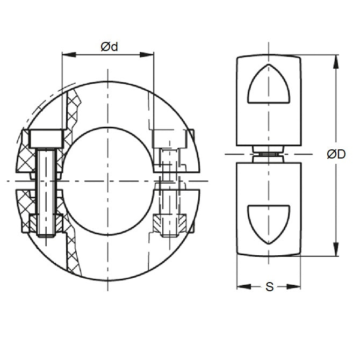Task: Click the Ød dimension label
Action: [109, 47]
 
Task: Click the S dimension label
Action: [269, 287]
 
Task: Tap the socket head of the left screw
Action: [48, 139]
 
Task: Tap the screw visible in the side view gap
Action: [268, 154]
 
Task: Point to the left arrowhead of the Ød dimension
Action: [67, 54]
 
